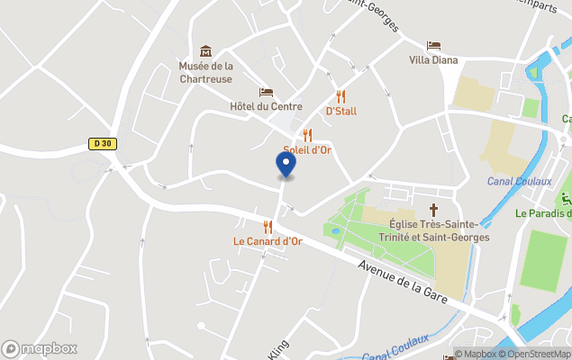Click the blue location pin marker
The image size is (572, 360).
point(285,165)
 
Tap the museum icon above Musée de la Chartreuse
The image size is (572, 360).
point(205,51)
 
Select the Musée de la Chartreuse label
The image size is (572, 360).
point(205,72)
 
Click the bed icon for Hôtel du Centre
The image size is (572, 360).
point(266,92)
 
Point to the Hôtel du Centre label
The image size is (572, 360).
point(266,106)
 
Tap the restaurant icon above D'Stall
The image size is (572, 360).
point(340,96)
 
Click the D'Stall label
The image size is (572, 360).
point(340,111)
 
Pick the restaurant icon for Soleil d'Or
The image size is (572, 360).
point(307,135)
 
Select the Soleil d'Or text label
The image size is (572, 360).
point(307,149)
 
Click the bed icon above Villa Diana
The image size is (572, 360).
point(433,46)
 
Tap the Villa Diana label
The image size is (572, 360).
point(433,60)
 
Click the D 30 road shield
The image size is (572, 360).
point(103,143)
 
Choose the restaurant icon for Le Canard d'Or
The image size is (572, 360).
point(268,227)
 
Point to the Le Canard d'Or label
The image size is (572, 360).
point(268,241)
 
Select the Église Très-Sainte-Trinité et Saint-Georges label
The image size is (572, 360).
point(439,230)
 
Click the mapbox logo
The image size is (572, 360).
point(40,348)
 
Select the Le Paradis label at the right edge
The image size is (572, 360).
point(543,213)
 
